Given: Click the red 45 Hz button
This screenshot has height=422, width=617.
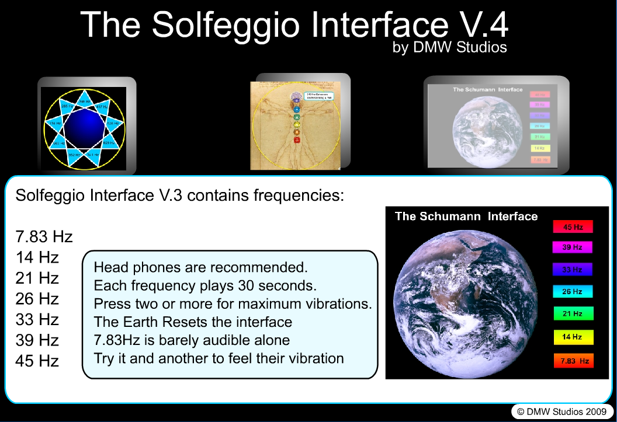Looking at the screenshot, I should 573,226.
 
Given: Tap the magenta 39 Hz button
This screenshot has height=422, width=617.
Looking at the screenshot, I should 573,247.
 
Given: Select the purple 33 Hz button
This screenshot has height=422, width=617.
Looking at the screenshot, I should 573,270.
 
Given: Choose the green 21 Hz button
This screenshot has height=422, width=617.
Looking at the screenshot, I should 573,314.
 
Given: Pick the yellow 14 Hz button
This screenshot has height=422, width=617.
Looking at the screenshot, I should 573,337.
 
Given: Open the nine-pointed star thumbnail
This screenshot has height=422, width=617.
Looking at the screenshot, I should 86,126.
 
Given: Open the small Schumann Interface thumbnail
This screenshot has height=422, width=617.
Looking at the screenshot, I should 490,124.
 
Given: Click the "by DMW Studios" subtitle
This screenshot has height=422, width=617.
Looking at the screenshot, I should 449,47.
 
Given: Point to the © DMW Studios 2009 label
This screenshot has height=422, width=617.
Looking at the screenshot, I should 559,411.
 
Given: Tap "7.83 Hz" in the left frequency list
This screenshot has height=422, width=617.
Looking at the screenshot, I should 44,237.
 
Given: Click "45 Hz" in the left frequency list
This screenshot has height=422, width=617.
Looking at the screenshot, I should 37,361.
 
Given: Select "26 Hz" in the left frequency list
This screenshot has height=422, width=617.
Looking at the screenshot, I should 37,299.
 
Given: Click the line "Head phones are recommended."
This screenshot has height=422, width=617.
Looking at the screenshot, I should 200,268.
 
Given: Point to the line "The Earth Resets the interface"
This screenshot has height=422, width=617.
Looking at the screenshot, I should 193,322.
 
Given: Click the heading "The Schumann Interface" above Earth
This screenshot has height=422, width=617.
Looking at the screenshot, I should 466,217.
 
